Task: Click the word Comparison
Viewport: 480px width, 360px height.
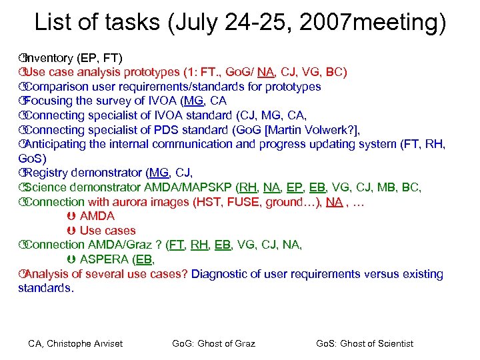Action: pos(58,87)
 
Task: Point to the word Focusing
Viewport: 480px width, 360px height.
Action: pos(51,101)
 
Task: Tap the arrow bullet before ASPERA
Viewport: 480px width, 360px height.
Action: pos(71,259)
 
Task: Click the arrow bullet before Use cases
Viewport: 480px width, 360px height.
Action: pos(71,231)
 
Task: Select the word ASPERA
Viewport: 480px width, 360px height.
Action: pos(105,259)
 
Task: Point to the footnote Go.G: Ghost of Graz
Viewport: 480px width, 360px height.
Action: pos(213,343)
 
